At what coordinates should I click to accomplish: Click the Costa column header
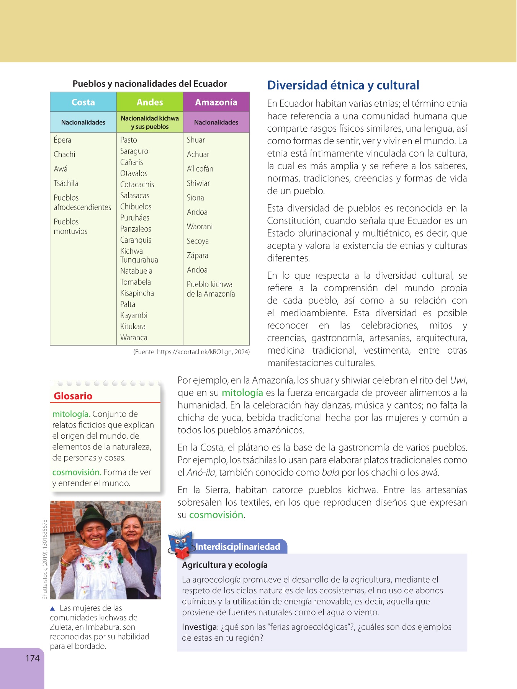click(x=83, y=102)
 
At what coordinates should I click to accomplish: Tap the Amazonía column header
click(x=216, y=102)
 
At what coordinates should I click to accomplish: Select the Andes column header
click(x=150, y=102)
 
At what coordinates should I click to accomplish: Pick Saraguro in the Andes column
click(x=134, y=151)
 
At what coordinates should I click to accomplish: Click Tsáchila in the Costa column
click(x=66, y=183)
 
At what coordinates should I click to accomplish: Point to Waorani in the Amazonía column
click(x=200, y=227)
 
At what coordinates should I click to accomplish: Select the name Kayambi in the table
click(x=134, y=315)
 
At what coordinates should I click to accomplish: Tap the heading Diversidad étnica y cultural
click(x=343, y=85)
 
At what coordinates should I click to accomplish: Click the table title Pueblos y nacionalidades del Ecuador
click(x=150, y=84)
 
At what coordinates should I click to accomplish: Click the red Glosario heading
click(x=73, y=396)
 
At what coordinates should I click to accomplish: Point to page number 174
click(x=33, y=658)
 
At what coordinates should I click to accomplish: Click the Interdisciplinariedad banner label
click(x=238, y=547)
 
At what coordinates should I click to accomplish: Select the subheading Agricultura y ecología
click(x=225, y=565)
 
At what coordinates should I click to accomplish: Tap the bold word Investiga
click(x=199, y=627)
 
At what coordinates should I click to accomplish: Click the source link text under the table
click(x=191, y=352)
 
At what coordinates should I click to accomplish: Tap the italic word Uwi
click(x=458, y=380)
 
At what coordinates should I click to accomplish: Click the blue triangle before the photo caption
click(x=53, y=608)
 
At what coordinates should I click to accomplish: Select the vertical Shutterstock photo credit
click(x=45, y=559)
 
